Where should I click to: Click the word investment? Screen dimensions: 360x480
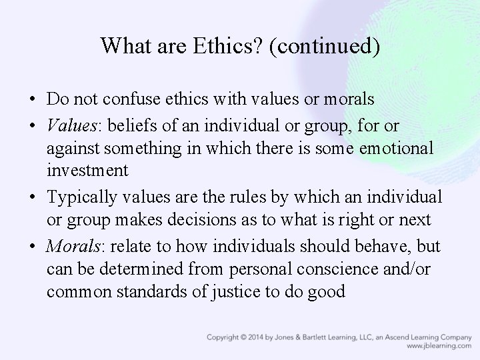click(87, 170)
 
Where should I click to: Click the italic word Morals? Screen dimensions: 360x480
click(71, 247)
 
